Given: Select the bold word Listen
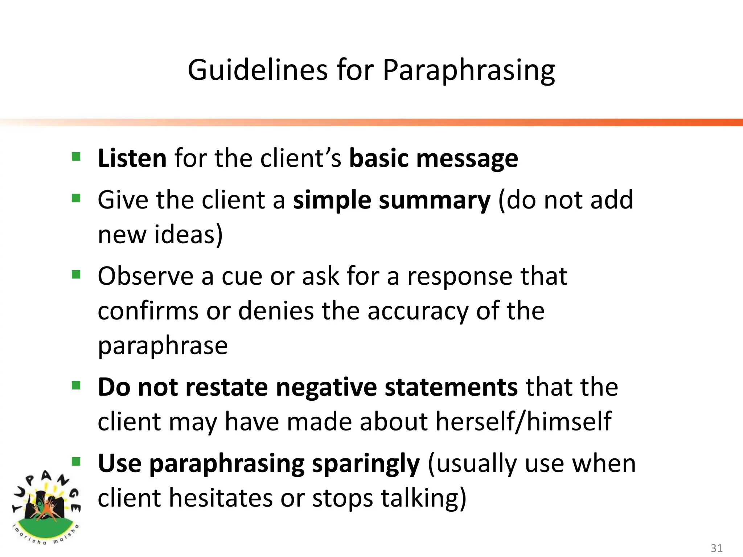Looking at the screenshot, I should (132, 158).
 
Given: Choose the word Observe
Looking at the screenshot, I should (145, 276).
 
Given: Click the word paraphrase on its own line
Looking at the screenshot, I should (163, 346).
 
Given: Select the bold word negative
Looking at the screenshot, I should (326, 387).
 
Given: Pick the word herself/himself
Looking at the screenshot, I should (524, 421).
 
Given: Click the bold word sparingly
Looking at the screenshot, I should (366, 464).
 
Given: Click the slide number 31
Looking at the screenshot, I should (716, 548).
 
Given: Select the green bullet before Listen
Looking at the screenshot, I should (76, 157).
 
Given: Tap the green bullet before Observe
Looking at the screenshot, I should (76, 275).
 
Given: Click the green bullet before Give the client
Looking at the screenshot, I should (76, 198).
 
